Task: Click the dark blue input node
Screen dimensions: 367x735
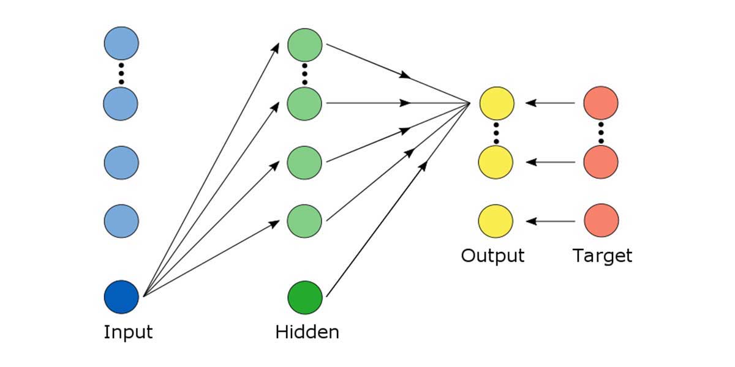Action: point(121,297)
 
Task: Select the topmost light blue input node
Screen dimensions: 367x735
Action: point(121,43)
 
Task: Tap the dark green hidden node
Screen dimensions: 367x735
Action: point(305,297)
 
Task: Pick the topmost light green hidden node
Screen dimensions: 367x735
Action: point(305,43)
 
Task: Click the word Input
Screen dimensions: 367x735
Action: point(128,333)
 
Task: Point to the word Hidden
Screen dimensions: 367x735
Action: point(307,333)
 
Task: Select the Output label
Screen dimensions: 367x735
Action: point(492,255)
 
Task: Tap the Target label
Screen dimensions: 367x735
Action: point(602,255)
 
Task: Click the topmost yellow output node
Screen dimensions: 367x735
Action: point(496,103)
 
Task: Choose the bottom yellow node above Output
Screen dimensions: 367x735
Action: point(496,221)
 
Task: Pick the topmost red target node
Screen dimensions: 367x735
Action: point(601,103)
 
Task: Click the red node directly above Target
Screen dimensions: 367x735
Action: point(601,221)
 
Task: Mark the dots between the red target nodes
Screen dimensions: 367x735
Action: point(601,133)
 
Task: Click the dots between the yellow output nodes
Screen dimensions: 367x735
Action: point(496,133)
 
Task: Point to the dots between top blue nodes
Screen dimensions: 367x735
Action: point(121,73)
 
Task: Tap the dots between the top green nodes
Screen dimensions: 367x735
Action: point(305,73)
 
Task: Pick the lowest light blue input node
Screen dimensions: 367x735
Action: point(121,221)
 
